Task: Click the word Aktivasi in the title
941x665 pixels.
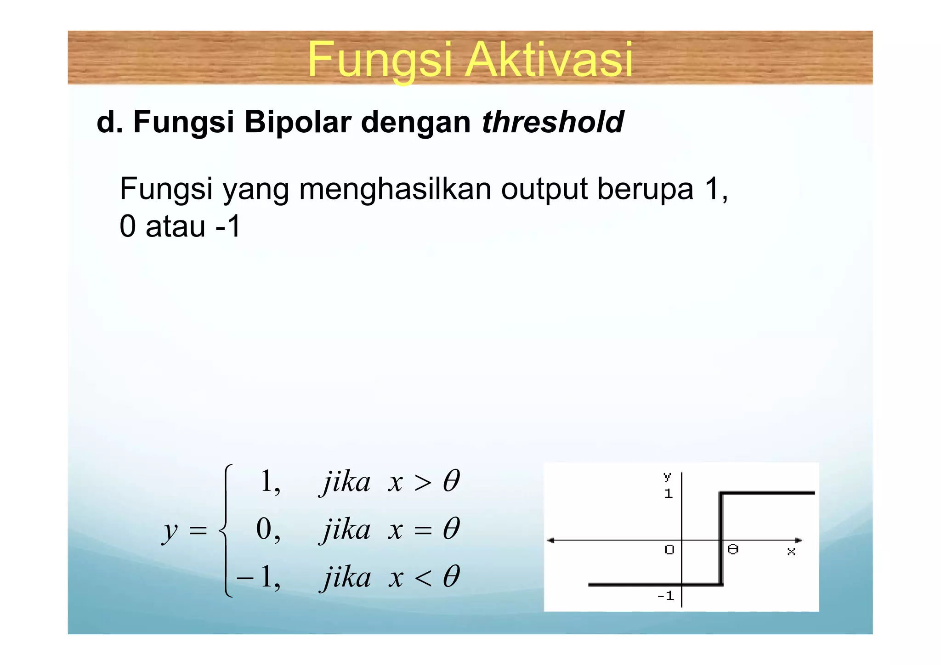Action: click(549, 60)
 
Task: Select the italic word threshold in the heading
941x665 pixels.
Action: click(553, 122)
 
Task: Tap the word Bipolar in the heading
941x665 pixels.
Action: click(298, 122)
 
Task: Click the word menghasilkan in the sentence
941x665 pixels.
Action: click(395, 189)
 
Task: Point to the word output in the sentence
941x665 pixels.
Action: click(544, 189)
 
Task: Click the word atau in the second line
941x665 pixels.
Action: click(175, 226)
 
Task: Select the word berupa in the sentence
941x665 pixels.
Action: click(645, 189)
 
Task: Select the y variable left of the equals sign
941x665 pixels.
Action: click(170, 531)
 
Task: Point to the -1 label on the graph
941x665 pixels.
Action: click(665, 596)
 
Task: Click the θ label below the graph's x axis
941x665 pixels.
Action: click(733, 549)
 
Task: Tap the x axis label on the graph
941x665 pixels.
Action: click(791, 551)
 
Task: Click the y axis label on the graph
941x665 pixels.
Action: click(667, 476)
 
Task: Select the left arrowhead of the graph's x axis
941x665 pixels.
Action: click(550, 541)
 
